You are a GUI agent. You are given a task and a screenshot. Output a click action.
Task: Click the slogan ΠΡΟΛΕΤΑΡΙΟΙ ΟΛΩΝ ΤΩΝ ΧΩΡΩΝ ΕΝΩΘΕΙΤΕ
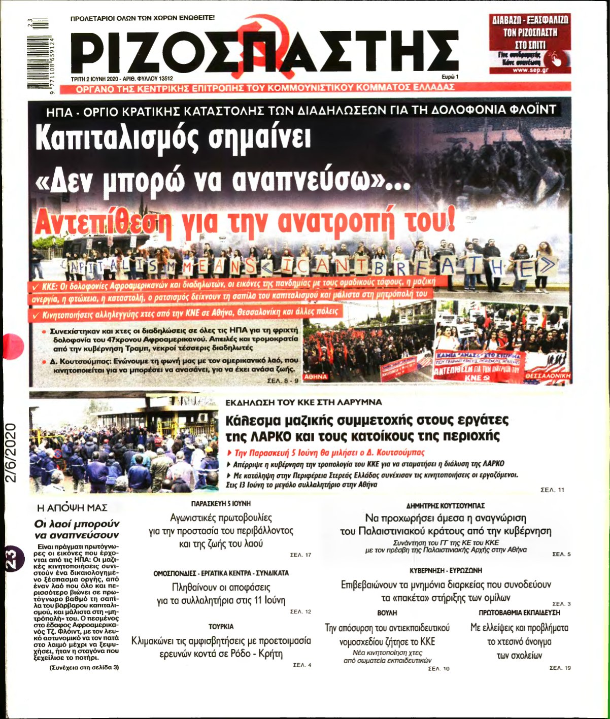(x=143, y=18)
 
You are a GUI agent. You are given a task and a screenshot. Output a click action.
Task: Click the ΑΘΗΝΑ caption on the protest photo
(x=316, y=377)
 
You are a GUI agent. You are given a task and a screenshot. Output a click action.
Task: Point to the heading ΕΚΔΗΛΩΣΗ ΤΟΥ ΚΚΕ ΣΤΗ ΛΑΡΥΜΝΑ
(x=303, y=402)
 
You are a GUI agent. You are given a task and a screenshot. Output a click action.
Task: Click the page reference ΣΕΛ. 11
(x=553, y=490)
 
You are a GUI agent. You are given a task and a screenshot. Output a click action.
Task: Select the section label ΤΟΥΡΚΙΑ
(x=221, y=627)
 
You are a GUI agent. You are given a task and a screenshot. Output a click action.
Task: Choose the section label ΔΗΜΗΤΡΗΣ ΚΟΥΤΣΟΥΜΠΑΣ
(x=446, y=505)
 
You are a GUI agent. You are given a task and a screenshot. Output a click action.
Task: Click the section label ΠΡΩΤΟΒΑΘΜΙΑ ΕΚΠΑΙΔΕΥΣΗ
(x=520, y=613)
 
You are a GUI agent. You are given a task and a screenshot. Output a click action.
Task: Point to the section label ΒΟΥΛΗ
(x=387, y=613)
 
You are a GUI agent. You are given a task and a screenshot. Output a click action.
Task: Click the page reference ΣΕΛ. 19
(x=560, y=668)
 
